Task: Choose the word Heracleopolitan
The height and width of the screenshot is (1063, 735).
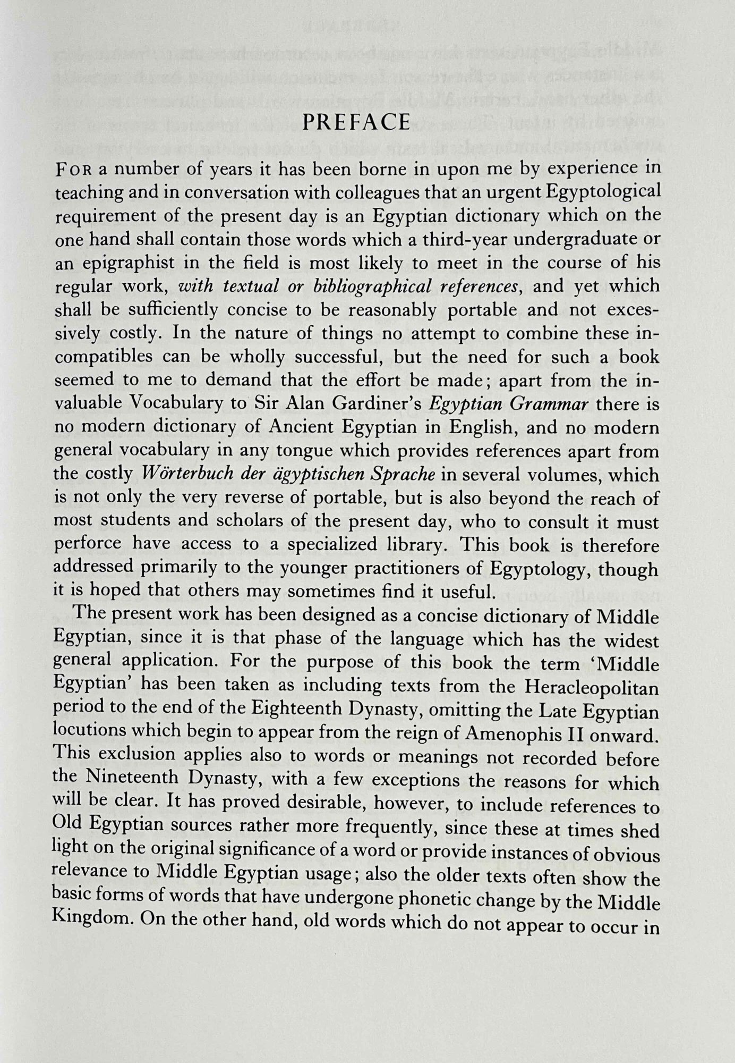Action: [592, 688]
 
